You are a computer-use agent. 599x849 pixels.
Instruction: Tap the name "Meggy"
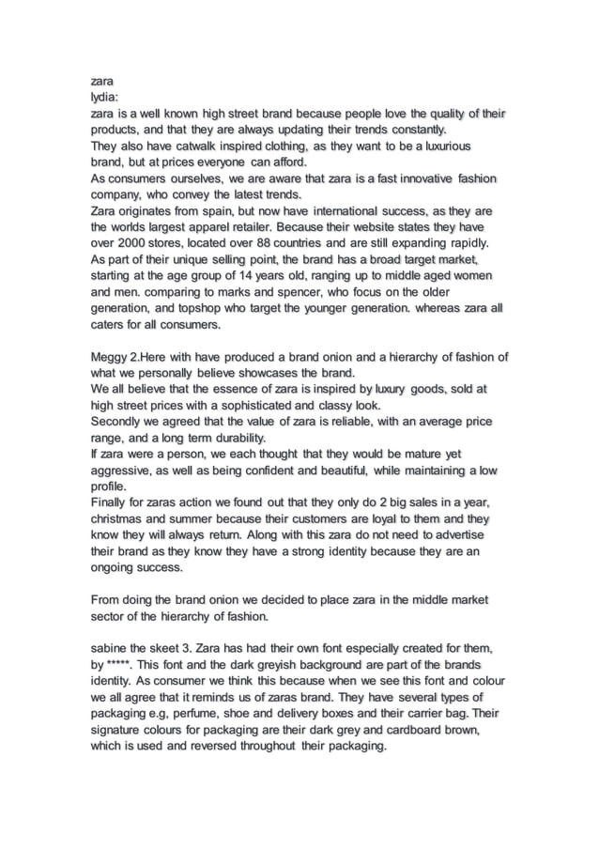112,357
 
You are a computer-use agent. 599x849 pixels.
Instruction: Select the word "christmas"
124,518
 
